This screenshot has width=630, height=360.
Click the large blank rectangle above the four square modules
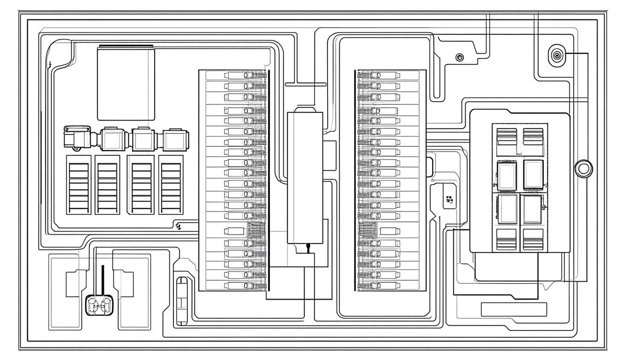click(125, 83)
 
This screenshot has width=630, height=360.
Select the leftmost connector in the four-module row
click(77, 138)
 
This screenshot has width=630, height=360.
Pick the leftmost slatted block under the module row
click(79, 185)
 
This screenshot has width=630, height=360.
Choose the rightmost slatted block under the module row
click(171, 185)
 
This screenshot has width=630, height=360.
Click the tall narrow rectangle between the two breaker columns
click(305, 178)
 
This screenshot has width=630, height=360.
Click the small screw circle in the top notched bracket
click(460, 57)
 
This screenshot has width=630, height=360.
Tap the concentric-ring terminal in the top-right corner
click(556, 56)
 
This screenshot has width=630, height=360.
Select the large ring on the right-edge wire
click(584, 168)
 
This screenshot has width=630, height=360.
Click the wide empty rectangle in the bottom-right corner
click(514, 309)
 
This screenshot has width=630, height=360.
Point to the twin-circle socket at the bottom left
click(99, 306)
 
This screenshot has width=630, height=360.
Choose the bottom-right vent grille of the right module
click(533, 239)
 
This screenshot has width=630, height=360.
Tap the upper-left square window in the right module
click(507, 175)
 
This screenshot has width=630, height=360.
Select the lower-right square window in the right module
click(532, 209)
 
